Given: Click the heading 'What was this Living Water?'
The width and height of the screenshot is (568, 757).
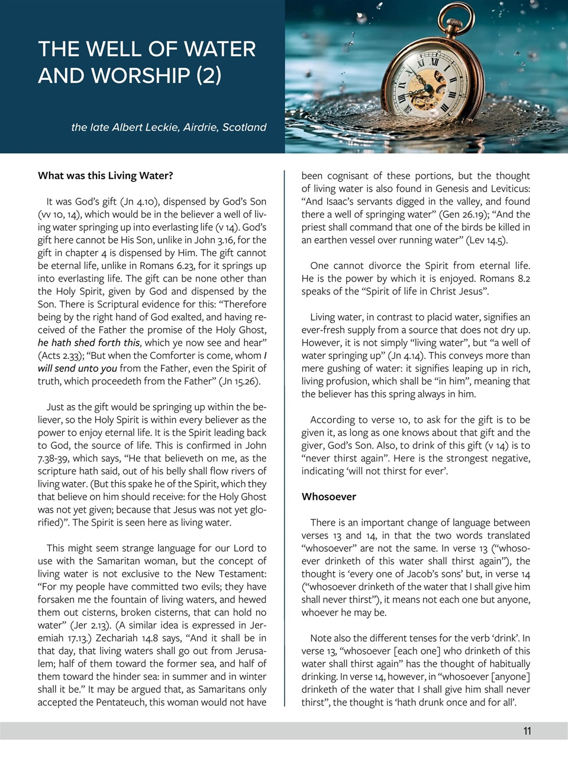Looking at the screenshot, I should click(x=105, y=176).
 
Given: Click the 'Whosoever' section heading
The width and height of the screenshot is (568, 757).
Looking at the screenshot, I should click(x=328, y=497).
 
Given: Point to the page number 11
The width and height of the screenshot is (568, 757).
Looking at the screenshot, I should click(x=527, y=731).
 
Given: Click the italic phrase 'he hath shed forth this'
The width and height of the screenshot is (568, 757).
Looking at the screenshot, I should click(x=89, y=342).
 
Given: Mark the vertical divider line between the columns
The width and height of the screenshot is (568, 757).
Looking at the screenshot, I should click(x=285, y=438).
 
